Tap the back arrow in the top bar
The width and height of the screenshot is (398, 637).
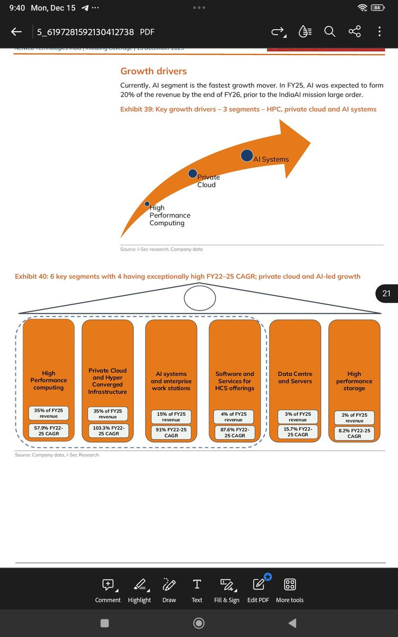coord(16,32)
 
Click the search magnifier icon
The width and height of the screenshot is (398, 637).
coord(330,32)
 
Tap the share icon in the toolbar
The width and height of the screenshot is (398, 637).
coord(354,32)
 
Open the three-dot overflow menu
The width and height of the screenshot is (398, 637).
coord(379,32)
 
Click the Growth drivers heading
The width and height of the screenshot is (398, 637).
coord(153,71)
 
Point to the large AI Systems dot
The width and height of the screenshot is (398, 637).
coord(247,156)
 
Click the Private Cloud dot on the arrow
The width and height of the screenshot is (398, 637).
coord(193,174)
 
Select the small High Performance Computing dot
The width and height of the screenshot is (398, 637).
coord(147,203)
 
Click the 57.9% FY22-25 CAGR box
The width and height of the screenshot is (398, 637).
coord(48,431)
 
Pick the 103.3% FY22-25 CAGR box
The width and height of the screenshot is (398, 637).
coord(108,431)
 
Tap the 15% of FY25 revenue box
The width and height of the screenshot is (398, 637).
coord(171,417)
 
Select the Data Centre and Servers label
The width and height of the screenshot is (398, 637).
coord(295,377)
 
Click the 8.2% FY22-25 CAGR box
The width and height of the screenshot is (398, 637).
coord(354,433)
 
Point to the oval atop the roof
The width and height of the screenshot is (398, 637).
coord(200,298)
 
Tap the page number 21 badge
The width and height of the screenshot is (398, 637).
coord(386,293)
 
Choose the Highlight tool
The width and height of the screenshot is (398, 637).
coord(139,590)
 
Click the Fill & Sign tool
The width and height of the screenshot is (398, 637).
coord(227,590)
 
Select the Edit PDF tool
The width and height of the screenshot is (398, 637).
coord(258,590)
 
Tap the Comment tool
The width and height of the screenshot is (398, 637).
coord(108,590)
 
